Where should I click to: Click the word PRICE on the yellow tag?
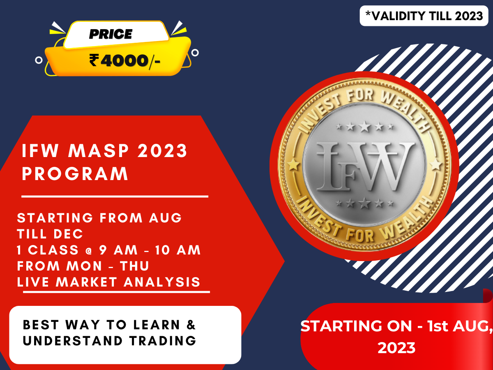tap(111, 34)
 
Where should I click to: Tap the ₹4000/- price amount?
tap(124, 61)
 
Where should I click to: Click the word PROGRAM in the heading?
tap(75, 174)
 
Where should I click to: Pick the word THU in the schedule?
tap(134, 266)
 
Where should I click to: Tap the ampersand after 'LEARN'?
tap(191, 325)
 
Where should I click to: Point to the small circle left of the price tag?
tap(39, 60)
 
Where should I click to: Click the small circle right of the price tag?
tap(196, 52)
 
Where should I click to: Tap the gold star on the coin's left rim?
tap(293, 165)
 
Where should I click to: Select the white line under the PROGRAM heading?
tap(115, 197)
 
